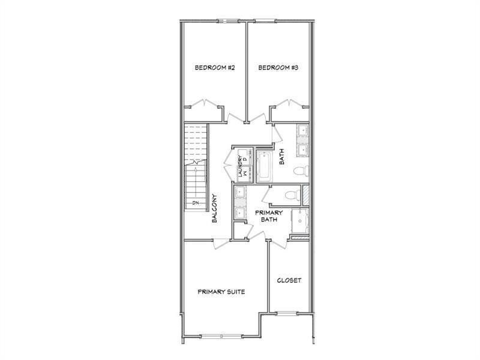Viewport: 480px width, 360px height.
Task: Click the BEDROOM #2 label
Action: [x=214, y=68]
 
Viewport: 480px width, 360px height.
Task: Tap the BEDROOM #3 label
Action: [x=278, y=68]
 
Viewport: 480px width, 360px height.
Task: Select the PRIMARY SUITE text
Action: [x=221, y=292]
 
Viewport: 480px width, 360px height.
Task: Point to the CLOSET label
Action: [x=289, y=280]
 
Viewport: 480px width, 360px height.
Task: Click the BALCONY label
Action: [x=214, y=209]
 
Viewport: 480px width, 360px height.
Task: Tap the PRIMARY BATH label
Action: [x=269, y=216]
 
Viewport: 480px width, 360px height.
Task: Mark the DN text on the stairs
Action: [x=196, y=203]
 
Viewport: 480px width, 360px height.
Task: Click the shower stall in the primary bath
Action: [x=301, y=221]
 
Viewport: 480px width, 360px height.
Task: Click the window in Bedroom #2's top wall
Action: [x=228, y=22]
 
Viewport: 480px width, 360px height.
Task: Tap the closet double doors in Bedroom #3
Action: [x=290, y=103]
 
